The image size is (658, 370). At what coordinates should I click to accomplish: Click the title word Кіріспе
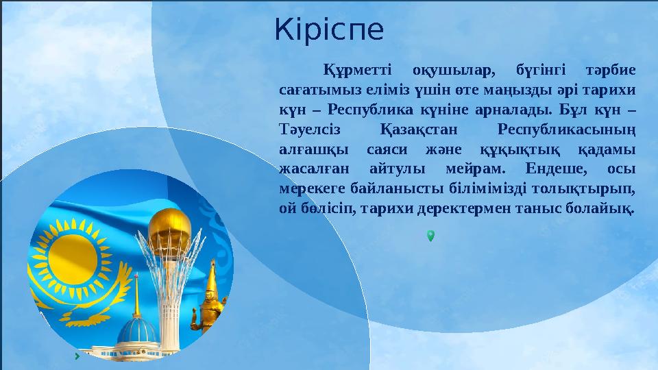click(x=329, y=30)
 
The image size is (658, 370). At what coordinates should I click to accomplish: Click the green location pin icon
click(x=430, y=236)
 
